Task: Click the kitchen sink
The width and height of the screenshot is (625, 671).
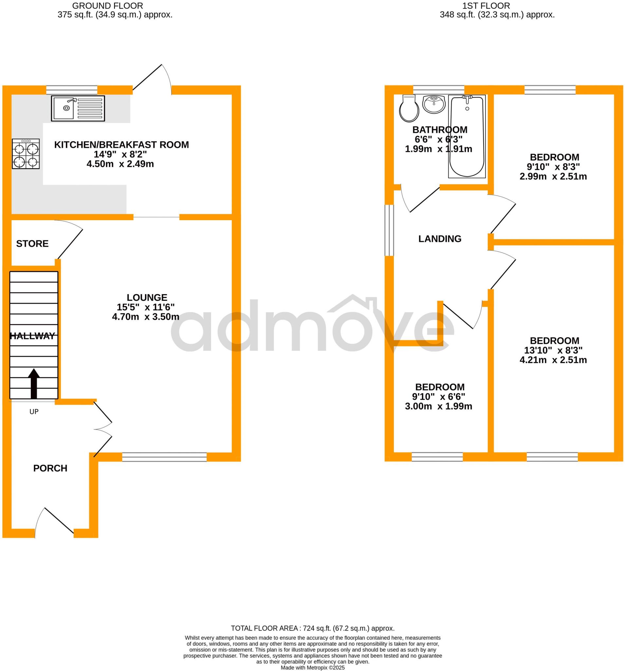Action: [78, 108]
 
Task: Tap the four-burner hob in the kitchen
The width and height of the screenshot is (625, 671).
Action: [26, 154]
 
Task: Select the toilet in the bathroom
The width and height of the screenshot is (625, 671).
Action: [409, 108]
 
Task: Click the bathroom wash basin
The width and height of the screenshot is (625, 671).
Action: [434, 104]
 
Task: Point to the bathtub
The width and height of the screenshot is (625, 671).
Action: [467, 137]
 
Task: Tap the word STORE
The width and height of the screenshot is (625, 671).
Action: [32, 244]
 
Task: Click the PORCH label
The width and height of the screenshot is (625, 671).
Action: [50, 468]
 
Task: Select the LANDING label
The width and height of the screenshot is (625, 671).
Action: [439, 239]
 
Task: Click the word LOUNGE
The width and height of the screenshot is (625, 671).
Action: [147, 297]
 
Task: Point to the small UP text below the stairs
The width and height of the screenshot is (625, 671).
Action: [34, 412]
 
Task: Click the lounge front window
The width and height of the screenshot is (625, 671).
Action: [164, 457]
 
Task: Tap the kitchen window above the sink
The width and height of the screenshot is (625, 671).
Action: [71, 90]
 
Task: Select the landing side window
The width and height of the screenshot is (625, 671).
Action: [389, 230]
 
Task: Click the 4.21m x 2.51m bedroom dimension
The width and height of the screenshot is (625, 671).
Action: [553, 360]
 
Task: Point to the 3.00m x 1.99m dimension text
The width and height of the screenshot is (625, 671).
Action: [438, 406]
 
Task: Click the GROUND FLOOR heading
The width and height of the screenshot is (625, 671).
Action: [108, 6]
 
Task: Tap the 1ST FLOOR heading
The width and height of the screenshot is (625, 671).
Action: [486, 6]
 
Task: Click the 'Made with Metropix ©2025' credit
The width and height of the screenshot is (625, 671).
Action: [313, 668]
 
